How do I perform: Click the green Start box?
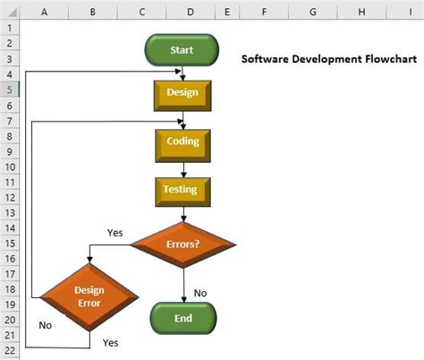pos(182,50)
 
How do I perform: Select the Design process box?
pos(182,92)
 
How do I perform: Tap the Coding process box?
pos(182,141)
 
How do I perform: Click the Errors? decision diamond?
pos(182,243)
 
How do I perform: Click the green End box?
pos(182,318)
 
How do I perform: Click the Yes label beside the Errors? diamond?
pos(115,233)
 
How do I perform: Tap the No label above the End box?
pos(200,293)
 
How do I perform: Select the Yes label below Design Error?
pos(110,342)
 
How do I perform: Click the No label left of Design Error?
pos(46,326)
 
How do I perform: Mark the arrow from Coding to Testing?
pos(182,167)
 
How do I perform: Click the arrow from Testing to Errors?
pos(182,213)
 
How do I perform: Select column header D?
pos(191,12)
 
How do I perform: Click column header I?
pos(409,12)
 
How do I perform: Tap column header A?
pos(44,12)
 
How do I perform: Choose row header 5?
pos(9,90)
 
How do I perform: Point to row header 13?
pos(9,212)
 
